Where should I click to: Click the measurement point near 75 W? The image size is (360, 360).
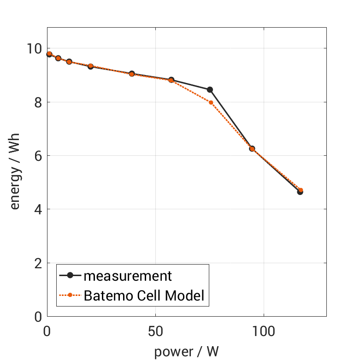pos(210,89)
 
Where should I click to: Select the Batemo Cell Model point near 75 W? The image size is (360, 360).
pos(211,102)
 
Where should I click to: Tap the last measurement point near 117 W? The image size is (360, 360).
pos(300,192)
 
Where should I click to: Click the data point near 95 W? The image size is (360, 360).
pos(252,148)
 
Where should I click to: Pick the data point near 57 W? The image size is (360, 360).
pos(171,80)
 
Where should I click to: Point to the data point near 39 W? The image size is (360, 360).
pos(132,74)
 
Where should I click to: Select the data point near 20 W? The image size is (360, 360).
pos(91,66)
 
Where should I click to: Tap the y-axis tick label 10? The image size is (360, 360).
pos(35,48)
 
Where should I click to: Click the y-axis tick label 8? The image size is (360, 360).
pos(38,102)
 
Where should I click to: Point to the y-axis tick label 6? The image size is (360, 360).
pos(38,156)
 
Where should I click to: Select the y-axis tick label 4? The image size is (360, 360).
pos(38,209)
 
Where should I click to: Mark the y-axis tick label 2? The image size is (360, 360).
pos(38,263)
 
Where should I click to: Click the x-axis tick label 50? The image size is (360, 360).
pos(155,331)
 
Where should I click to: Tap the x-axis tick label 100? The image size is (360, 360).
pos(264,331)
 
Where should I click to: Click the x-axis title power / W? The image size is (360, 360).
pos(186,352)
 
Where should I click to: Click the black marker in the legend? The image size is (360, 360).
pos(70,276)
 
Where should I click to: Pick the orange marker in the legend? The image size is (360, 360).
pos(70,295)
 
